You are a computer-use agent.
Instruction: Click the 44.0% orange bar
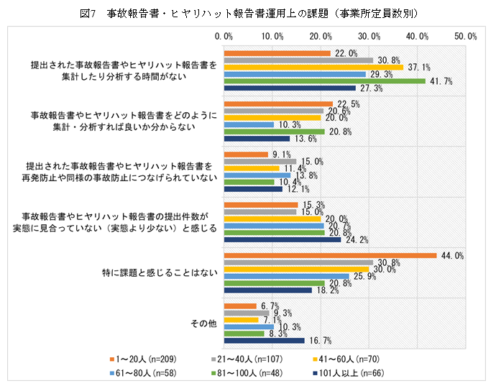click(330, 255)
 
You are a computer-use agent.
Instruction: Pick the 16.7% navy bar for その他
click(265, 341)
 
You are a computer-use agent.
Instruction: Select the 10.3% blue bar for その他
click(249, 327)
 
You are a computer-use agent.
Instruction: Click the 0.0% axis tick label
click(224, 36)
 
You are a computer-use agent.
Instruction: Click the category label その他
click(203, 323)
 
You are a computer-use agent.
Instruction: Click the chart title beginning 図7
click(248, 13)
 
